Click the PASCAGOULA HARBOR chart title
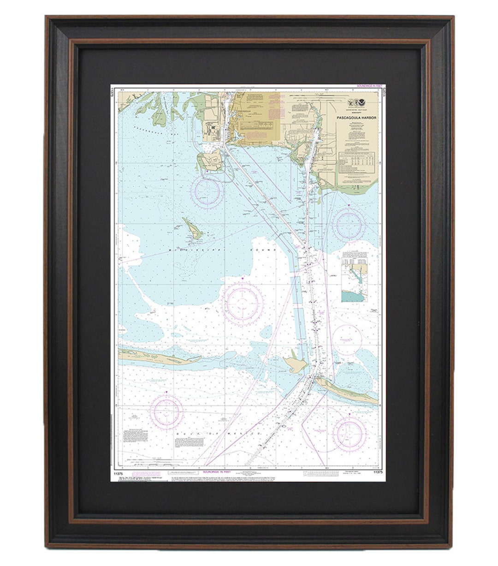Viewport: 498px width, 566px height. [356, 118]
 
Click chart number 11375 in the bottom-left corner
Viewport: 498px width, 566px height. [117, 473]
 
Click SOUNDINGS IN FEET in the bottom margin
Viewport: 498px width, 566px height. [217, 472]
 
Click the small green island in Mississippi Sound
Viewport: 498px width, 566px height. [193, 229]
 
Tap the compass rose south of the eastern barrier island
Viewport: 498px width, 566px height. [349, 433]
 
